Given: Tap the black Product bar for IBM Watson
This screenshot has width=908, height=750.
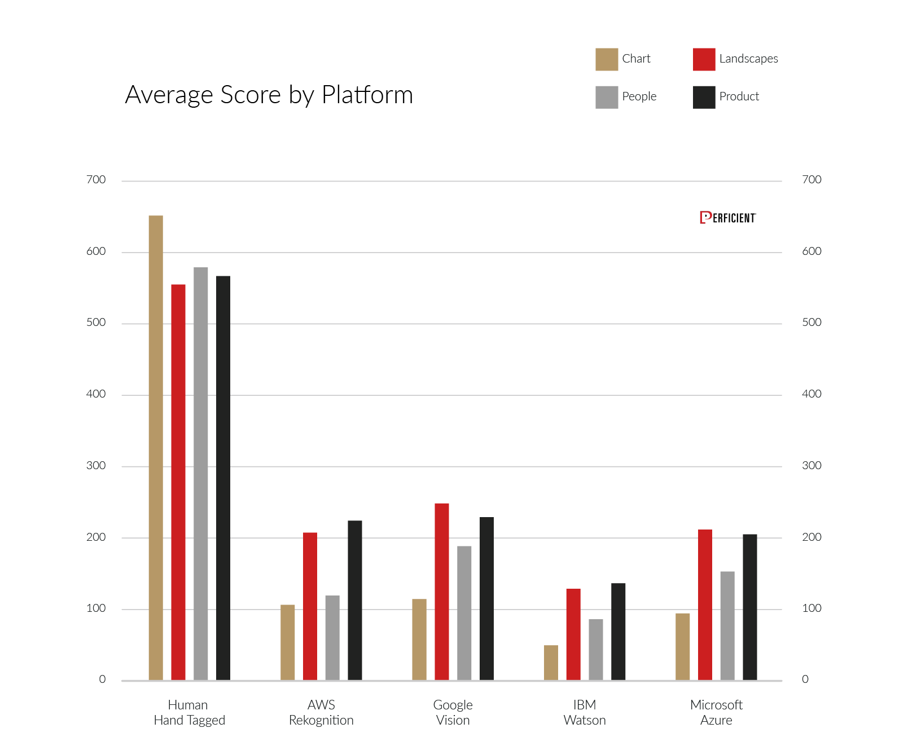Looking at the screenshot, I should click(619, 631).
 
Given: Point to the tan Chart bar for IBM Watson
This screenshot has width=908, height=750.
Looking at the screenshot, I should click(551, 662).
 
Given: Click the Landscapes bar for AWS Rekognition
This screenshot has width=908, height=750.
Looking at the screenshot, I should click(310, 606).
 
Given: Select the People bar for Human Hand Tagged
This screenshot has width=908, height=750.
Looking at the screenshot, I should click(201, 473).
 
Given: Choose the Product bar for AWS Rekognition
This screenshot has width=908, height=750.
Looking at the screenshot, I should click(355, 600).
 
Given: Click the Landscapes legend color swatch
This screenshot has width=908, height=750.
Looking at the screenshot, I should click(704, 59).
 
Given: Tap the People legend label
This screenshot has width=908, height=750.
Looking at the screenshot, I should click(639, 96).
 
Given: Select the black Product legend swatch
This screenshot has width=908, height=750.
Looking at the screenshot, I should click(704, 97).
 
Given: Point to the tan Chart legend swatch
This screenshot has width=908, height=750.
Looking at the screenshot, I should click(607, 59).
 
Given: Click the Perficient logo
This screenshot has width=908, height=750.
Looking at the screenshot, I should click(727, 218).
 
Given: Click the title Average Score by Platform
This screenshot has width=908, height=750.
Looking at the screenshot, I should click(269, 95).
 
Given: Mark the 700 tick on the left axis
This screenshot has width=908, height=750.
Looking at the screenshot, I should click(96, 180).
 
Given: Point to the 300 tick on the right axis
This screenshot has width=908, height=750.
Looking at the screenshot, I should click(812, 466).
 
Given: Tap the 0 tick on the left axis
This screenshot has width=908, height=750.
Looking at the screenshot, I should click(102, 680).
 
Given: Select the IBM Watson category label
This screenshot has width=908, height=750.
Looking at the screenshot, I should click(585, 712).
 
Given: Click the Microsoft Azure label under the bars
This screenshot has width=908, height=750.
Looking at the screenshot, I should click(716, 712).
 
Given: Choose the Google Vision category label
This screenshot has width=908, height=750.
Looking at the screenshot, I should click(453, 712).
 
